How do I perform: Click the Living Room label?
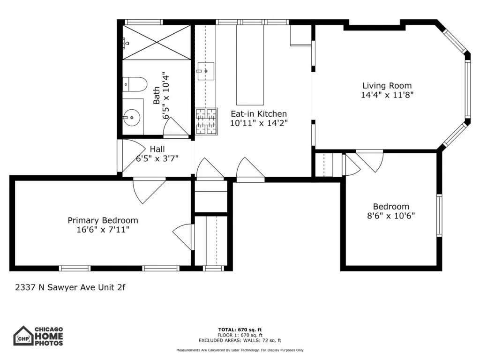pyautogui.click(x=387, y=86)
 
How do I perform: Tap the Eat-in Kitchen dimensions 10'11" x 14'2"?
pyautogui.click(x=259, y=123)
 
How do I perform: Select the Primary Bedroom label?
pyautogui.click(x=103, y=220)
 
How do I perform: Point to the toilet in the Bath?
pyautogui.click(x=135, y=84)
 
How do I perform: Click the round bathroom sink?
pyautogui.click(x=131, y=117)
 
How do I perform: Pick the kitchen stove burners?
pyautogui.click(x=206, y=121)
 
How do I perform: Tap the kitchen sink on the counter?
pyautogui.click(x=206, y=71)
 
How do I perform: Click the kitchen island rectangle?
pyautogui.click(x=250, y=65)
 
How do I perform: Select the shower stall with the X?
pyautogui.click(x=157, y=42)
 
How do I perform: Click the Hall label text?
pyautogui.click(x=157, y=150)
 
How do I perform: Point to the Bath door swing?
pyautogui.click(x=176, y=126)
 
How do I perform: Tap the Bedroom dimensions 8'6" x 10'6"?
pyautogui.click(x=391, y=216)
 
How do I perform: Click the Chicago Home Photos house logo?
pyautogui.click(x=23, y=336)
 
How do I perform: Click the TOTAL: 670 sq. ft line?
pyautogui.click(x=240, y=330)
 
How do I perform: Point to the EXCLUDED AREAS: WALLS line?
pyautogui.click(x=240, y=340)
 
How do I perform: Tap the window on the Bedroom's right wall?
pyautogui.click(x=439, y=215)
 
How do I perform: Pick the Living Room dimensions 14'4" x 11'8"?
pyautogui.click(x=387, y=95)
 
